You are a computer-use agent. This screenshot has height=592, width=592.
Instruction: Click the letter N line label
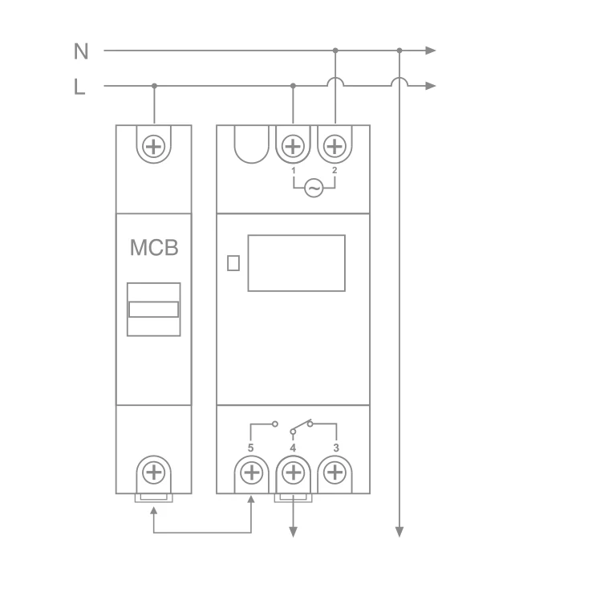(x=81, y=51)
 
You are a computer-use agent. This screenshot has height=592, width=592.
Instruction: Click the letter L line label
(x=79, y=87)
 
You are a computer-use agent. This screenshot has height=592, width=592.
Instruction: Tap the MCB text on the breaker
(x=154, y=248)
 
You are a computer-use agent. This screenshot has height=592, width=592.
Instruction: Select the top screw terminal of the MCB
(x=154, y=147)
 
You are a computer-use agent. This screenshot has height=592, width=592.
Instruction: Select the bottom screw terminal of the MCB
(x=154, y=472)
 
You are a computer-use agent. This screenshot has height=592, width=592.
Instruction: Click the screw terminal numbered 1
(x=293, y=147)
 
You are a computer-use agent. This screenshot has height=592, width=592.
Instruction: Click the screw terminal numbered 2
(x=335, y=147)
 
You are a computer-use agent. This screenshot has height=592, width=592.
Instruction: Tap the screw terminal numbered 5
(x=251, y=472)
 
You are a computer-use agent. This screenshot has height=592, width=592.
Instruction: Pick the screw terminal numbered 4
(x=293, y=472)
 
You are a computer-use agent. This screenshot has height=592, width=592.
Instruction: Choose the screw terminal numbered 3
(x=335, y=472)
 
